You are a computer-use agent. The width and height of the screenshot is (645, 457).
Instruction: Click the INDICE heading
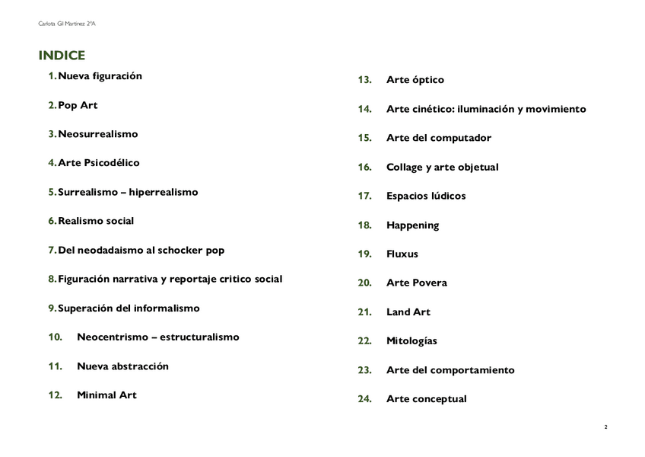[62, 56]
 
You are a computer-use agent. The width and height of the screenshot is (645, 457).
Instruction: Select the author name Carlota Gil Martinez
[66, 24]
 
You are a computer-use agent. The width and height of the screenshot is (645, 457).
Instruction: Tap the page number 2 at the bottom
[605, 427]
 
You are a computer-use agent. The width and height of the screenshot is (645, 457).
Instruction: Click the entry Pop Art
[78, 105]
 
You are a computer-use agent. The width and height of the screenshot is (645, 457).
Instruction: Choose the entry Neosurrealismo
[98, 134]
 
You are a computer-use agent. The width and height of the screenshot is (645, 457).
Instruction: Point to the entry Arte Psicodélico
[99, 163]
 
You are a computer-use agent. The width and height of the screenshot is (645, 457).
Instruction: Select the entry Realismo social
[96, 221]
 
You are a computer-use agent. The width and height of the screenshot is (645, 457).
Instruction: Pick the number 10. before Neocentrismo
[55, 337]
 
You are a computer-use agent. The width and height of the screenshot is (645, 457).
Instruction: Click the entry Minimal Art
[106, 395]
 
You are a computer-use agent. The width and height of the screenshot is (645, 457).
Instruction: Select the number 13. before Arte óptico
[364, 80]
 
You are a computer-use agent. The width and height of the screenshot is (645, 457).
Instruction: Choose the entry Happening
[412, 225]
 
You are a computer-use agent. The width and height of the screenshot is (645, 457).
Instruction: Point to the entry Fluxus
[402, 254]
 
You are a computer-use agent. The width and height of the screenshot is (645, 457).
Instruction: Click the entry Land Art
[408, 312]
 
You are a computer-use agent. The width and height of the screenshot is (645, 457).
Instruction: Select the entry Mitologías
[411, 341]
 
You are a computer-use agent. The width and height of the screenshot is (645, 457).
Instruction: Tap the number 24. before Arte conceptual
[364, 399]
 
